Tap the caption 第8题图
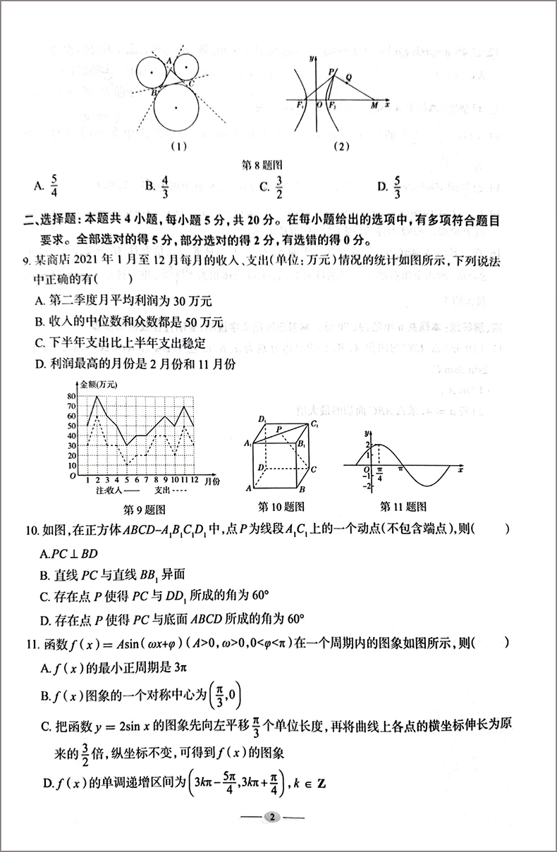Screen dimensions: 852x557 point(258,165)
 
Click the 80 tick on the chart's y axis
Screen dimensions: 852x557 point(71,396)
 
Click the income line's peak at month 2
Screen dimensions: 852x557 point(97,397)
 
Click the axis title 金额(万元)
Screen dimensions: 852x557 point(99,384)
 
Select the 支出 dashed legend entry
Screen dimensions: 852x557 point(172,490)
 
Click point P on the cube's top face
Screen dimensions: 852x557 point(279,428)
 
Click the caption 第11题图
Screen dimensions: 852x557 point(403,506)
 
